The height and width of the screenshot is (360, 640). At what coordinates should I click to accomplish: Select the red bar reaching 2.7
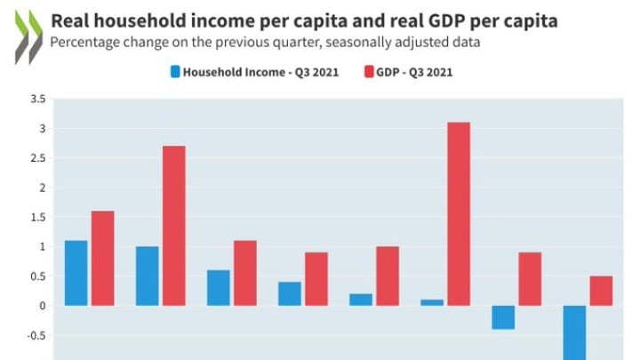pos(173,226)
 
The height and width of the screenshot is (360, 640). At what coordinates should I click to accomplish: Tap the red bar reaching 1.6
pos(102,258)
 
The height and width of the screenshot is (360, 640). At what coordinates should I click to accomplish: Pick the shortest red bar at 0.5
pos(601,291)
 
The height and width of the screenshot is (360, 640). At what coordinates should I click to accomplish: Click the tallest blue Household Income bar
pos(76,273)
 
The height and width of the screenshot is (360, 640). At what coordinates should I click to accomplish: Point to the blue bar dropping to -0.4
pos(503,317)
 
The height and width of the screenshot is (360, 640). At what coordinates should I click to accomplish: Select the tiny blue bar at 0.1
pos(432,302)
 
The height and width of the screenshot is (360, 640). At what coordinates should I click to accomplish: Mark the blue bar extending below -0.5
pos(574,332)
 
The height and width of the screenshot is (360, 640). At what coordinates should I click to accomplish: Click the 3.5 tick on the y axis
pos(36,100)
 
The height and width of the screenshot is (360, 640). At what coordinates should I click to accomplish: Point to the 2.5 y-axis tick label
pos(36,158)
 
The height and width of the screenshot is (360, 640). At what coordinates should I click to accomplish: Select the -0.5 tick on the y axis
pos(35,335)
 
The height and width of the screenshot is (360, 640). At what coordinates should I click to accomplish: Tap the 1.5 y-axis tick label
pos(36,217)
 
